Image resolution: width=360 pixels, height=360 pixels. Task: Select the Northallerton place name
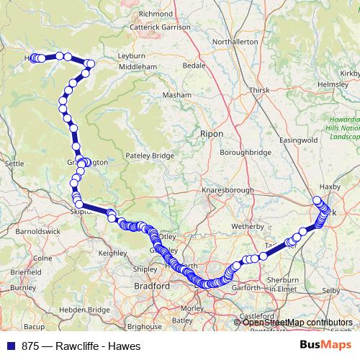point(235,42)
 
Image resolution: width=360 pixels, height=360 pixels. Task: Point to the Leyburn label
point(131,55)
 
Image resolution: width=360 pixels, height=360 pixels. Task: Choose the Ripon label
point(212,134)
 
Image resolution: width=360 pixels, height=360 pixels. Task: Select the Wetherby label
point(248,225)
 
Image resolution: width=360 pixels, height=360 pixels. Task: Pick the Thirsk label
point(258,90)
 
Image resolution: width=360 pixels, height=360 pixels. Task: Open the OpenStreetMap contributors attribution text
point(298,323)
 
